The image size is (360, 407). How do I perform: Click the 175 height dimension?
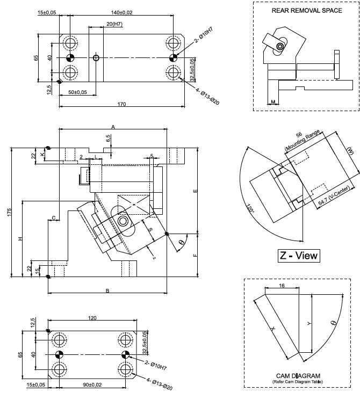9,213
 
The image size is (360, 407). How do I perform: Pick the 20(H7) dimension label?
113,24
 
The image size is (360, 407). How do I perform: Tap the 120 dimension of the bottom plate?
92,318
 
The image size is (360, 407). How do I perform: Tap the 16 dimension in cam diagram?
282,286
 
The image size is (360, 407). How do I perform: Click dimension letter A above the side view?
113,126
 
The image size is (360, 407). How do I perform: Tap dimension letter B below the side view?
107,290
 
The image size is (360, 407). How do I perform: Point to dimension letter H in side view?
19,238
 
